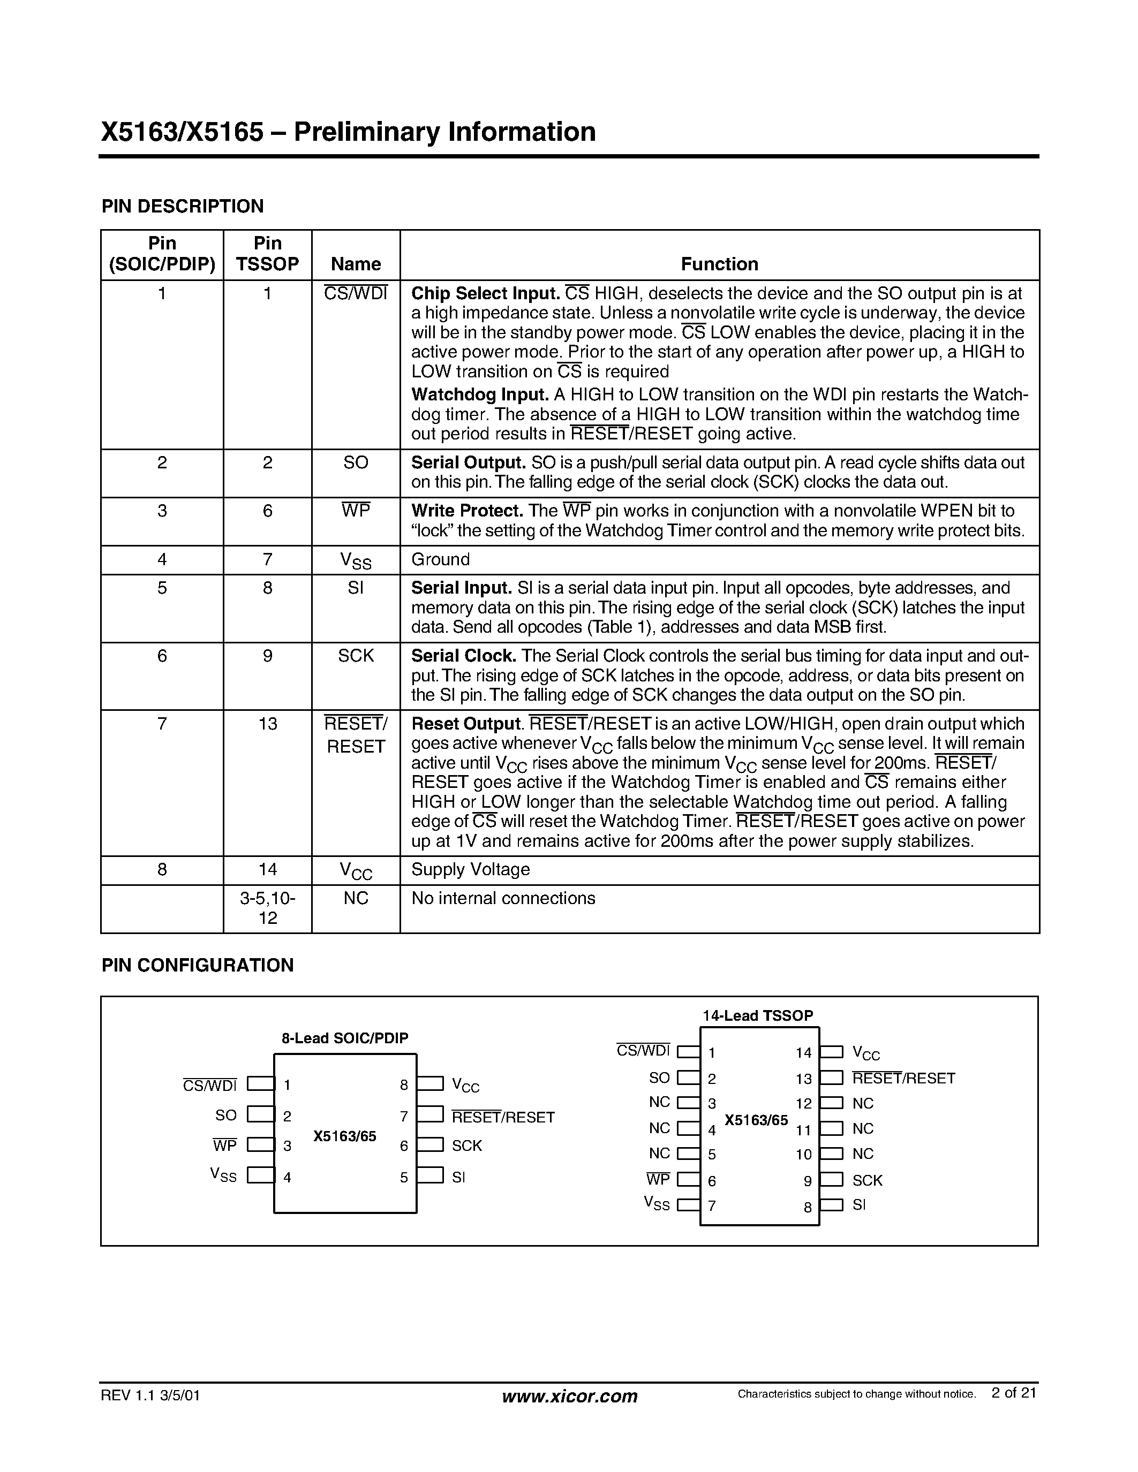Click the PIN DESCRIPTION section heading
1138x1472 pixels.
point(182,206)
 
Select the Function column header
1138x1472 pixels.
point(719,264)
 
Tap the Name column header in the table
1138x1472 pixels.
point(355,264)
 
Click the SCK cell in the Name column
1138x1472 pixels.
point(355,656)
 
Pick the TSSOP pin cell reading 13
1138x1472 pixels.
point(268,724)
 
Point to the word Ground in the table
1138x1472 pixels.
point(440,559)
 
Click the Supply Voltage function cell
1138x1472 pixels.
point(470,869)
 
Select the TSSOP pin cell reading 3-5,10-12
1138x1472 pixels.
point(268,908)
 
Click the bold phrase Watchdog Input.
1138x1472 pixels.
point(479,394)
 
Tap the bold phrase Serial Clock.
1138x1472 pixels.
point(463,656)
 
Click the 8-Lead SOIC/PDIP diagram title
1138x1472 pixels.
point(344,1038)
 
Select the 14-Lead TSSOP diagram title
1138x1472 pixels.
point(758,1016)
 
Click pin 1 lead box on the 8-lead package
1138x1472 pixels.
point(260,1084)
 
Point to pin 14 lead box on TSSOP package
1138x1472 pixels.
point(831,1052)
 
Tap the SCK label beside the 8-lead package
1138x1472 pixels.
point(466,1146)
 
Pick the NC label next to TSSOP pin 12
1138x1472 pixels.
point(862,1104)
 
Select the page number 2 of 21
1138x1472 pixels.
point(1013,1393)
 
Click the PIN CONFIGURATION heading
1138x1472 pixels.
point(198,966)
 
